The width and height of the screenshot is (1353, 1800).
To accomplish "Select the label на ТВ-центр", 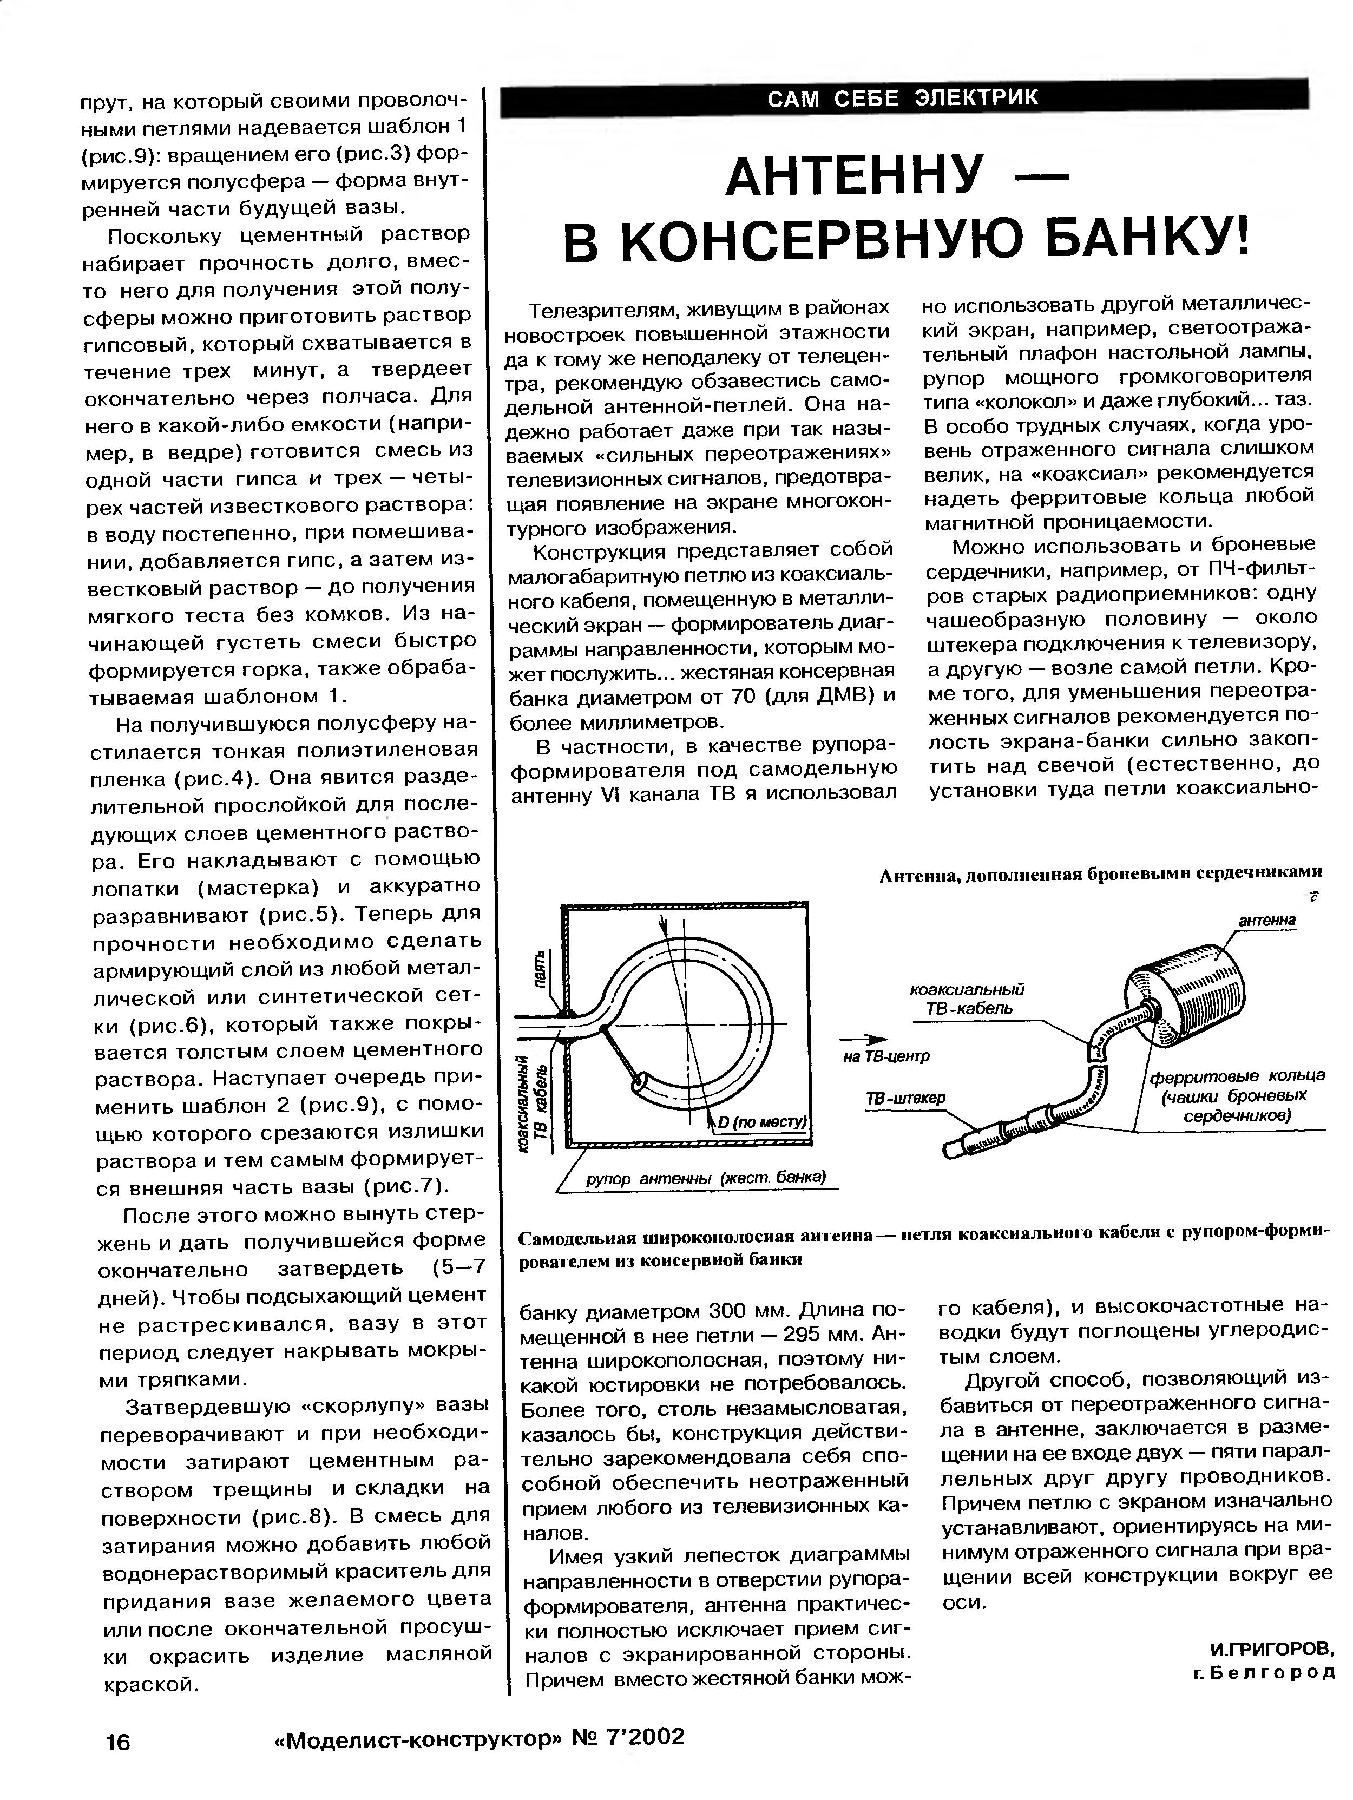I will click(x=886, y=1056).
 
